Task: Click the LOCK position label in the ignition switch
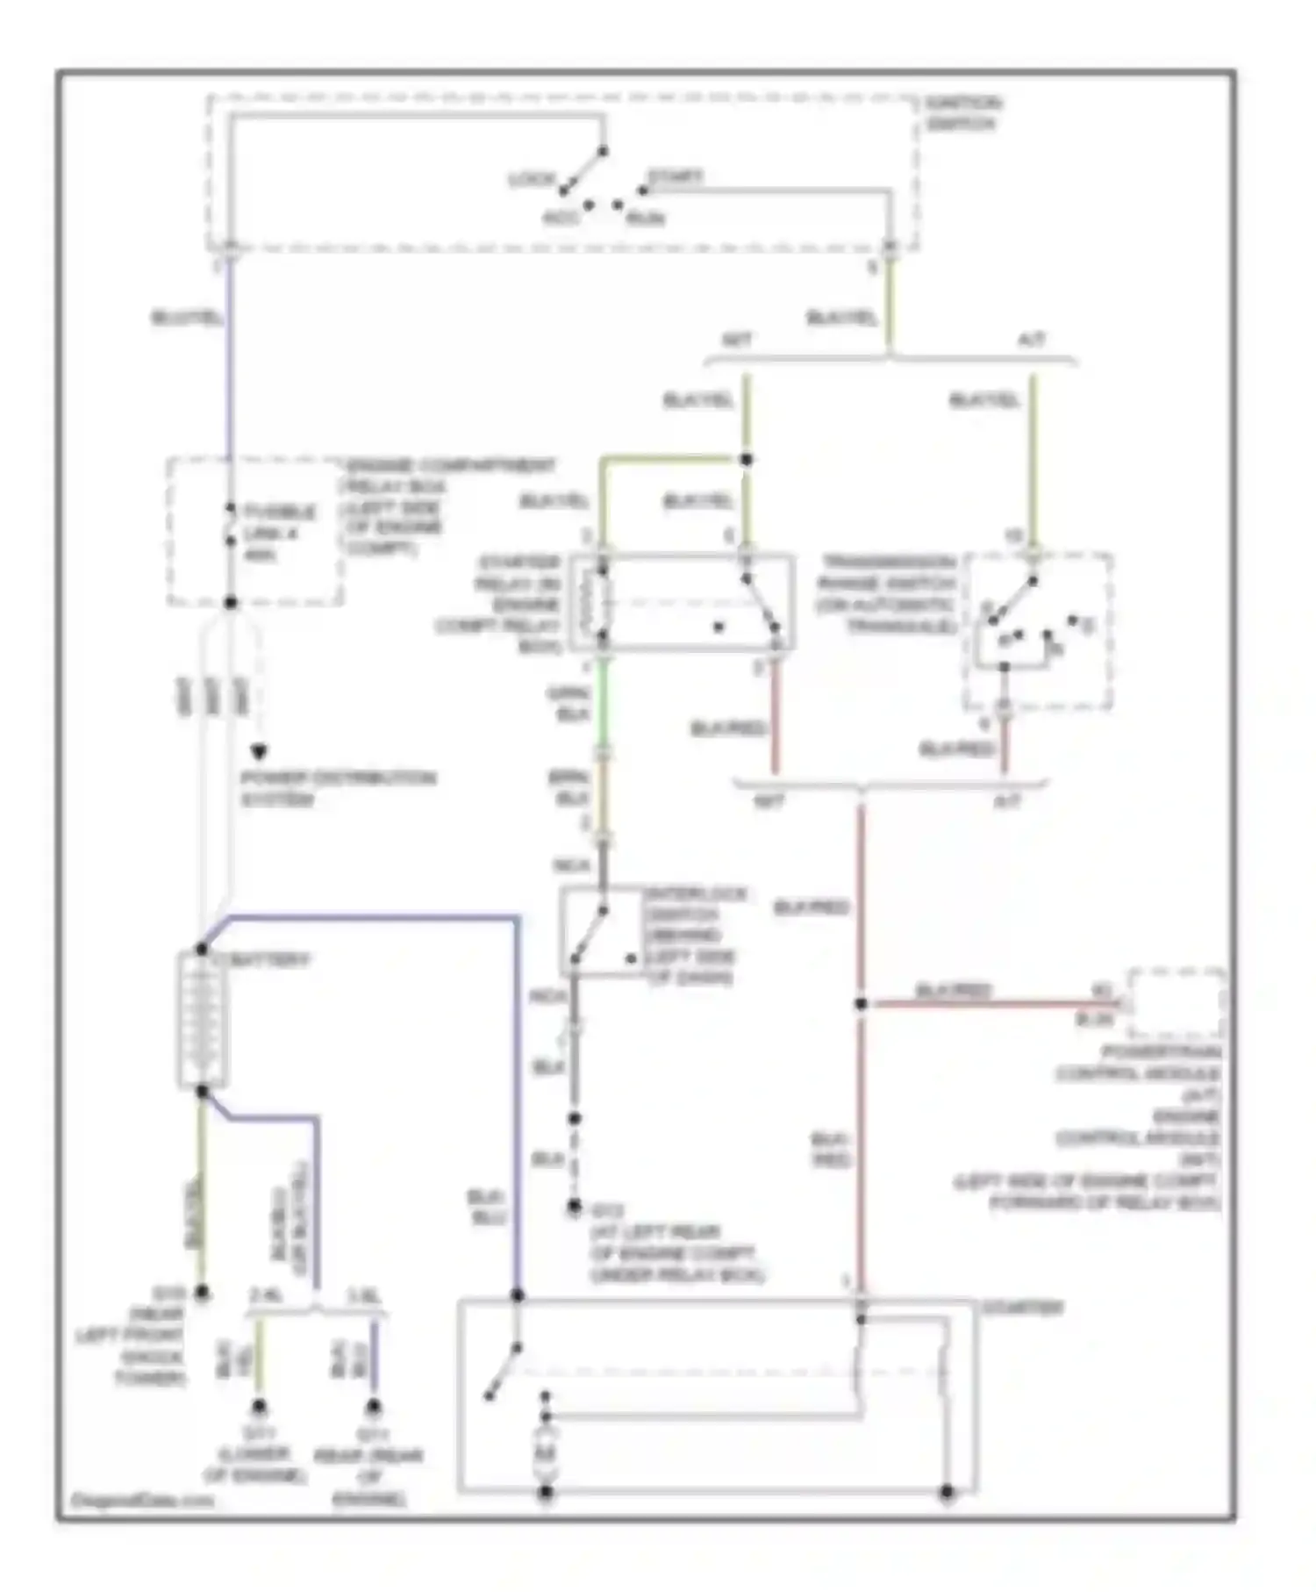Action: click(531, 179)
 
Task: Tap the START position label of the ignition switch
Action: click(676, 176)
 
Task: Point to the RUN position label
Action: click(645, 218)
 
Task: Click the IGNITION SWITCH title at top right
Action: click(962, 114)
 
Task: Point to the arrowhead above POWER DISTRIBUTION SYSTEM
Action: click(259, 751)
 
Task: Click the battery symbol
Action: click(202, 1020)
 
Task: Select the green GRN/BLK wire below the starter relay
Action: click(602, 702)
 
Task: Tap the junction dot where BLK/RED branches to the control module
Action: click(861, 1003)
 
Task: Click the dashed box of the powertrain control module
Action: click(1177, 1004)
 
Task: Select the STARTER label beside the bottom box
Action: click(1022, 1308)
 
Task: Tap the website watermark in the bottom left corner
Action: click(140, 1500)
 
